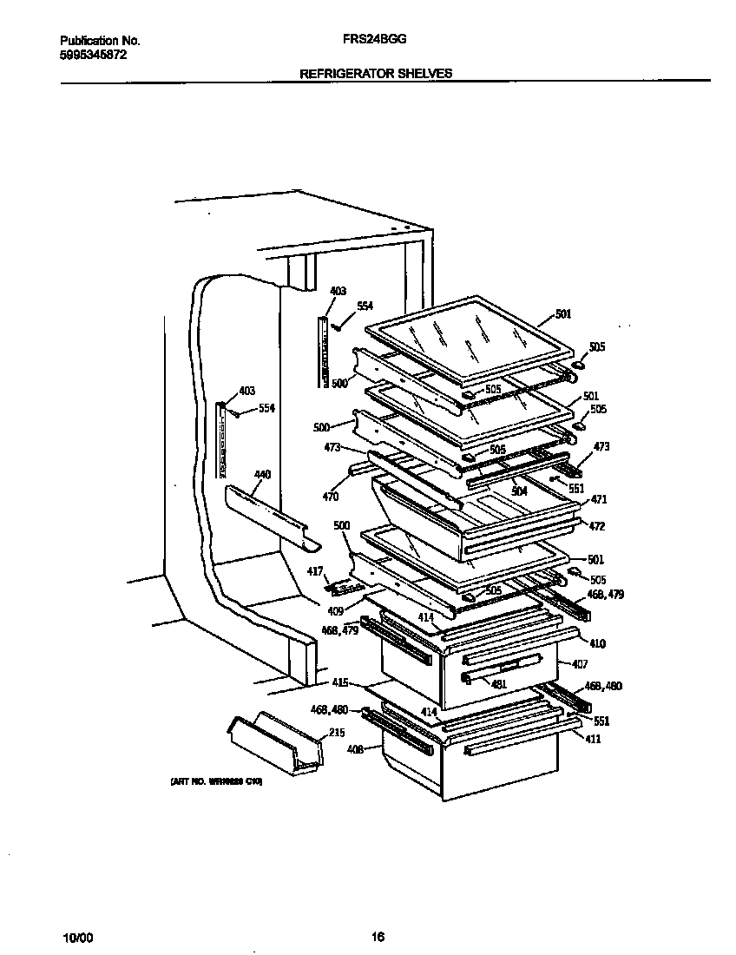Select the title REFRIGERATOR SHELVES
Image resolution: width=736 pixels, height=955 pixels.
376,74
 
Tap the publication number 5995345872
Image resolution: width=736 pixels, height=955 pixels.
95,55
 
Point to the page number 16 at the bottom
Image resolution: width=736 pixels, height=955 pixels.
377,937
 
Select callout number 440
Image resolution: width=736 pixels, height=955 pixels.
262,475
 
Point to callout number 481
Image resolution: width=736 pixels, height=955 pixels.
498,683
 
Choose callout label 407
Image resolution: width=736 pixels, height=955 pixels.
580,664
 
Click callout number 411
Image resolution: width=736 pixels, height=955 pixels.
593,739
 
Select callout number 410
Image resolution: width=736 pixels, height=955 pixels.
597,643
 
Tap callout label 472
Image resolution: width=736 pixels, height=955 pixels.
597,526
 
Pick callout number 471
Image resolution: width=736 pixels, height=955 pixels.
599,500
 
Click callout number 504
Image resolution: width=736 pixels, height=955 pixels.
519,491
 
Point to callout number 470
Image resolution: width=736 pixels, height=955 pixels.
330,497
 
